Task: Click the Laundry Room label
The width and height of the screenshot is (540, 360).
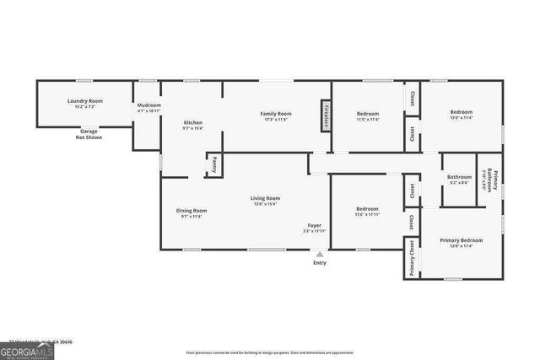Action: coord(84,104)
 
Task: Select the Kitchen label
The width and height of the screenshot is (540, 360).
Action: coord(193,125)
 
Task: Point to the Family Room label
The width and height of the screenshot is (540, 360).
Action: coord(275,116)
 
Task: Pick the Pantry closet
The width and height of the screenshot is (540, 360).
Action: coord(214,163)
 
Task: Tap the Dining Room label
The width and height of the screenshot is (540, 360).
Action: coord(192,213)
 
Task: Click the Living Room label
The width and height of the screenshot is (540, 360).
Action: coord(265,201)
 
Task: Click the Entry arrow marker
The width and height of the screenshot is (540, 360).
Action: coord(319,254)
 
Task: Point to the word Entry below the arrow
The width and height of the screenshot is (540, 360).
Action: coord(319,263)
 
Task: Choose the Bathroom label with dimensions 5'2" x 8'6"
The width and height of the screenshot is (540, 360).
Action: coord(460,179)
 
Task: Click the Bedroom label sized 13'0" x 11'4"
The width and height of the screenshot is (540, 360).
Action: coord(461,116)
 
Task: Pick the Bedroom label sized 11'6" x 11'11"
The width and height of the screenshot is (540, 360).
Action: coord(367,211)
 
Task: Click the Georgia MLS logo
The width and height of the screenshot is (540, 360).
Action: coord(27,348)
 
